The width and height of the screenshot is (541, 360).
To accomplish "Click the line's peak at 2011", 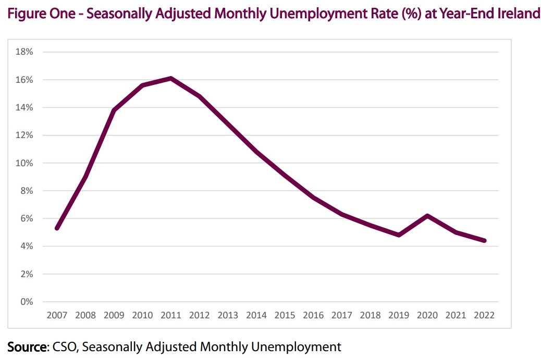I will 171,78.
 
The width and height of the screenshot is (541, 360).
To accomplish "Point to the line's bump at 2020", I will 427,216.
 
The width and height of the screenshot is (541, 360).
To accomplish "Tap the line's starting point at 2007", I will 56,228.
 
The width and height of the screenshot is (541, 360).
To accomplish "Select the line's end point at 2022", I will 485,241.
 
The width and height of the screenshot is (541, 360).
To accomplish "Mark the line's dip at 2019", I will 399,235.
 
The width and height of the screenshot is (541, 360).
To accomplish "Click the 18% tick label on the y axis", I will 26,52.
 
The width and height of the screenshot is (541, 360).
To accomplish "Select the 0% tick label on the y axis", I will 27,302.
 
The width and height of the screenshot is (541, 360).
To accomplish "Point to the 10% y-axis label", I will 26,163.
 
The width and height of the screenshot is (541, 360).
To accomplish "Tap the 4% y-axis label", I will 27,246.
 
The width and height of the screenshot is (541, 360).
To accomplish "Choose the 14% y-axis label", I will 26,107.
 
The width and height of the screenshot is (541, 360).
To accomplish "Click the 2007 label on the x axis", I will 56,315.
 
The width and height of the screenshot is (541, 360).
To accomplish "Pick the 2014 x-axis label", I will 256,315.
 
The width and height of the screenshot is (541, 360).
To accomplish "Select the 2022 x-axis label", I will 484,315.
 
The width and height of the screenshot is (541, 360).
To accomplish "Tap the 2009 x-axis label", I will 114,315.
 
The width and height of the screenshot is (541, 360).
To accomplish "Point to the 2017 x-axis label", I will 342,315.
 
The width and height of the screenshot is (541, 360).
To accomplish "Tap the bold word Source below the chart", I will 27,346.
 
